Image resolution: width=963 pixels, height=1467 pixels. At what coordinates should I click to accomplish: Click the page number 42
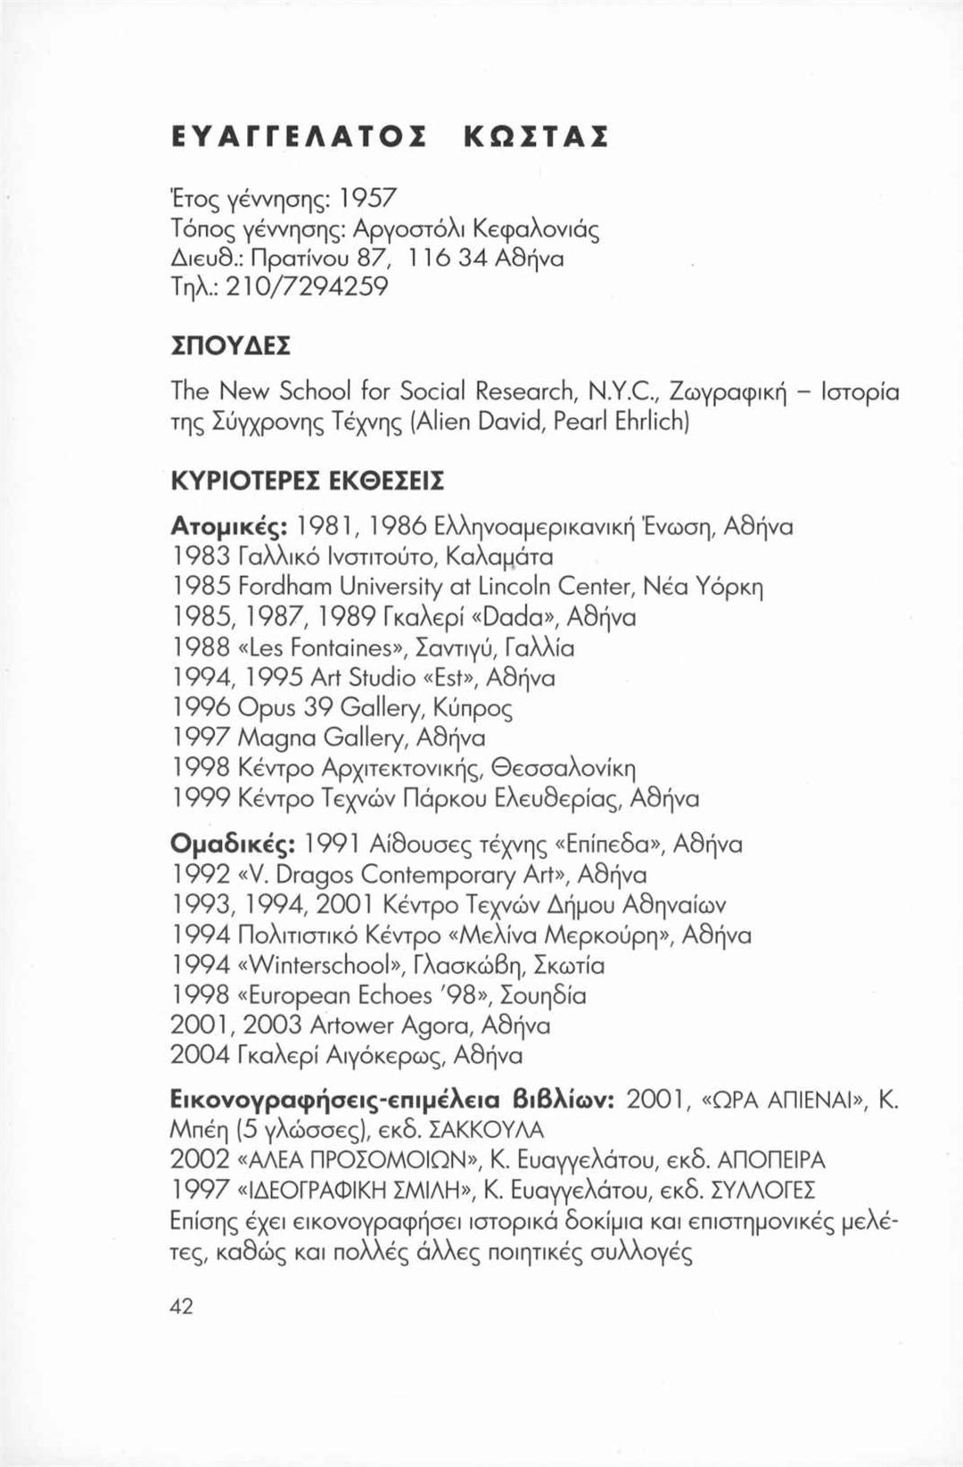click(182, 1306)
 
